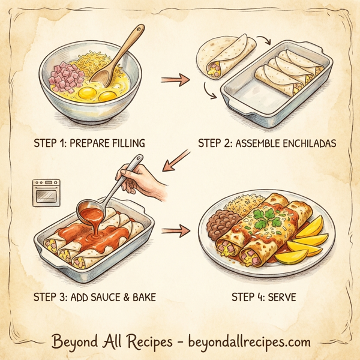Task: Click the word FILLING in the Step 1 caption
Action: (x=124, y=143)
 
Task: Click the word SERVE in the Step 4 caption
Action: (x=280, y=296)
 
